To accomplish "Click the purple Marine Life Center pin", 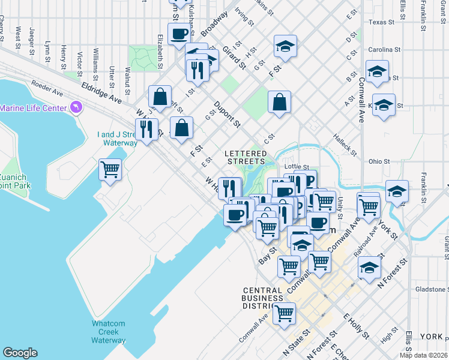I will click(x=76, y=107).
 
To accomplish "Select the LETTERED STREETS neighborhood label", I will click(x=244, y=157).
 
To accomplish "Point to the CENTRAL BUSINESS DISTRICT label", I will click(x=262, y=298).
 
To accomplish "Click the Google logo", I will click(x=20, y=352).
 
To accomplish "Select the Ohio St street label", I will click(x=379, y=161).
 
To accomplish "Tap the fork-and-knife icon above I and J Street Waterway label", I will click(x=146, y=128).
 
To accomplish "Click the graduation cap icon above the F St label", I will click(x=286, y=46).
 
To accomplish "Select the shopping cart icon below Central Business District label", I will click(x=284, y=312).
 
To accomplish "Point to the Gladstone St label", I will click(x=430, y=289).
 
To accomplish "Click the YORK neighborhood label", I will click(x=431, y=337).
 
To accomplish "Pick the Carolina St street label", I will click(x=384, y=49).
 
